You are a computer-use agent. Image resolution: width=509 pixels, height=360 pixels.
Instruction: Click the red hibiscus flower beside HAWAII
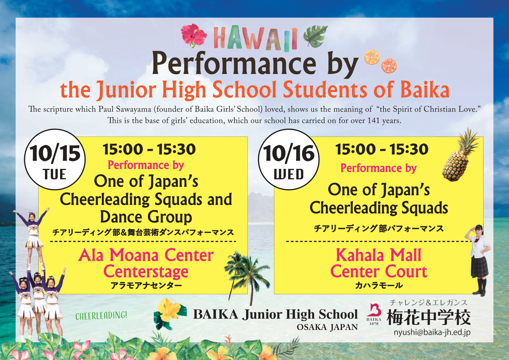[194, 36]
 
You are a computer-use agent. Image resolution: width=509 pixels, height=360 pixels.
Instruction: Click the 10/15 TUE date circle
[55, 160]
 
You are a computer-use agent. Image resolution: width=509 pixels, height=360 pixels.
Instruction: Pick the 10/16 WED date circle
[289, 160]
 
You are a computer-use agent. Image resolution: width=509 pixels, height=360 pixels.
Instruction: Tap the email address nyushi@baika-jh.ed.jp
[432, 332]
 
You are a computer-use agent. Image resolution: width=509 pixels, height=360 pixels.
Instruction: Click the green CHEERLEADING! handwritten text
[101, 316]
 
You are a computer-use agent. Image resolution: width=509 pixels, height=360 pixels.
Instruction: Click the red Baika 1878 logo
[374, 314]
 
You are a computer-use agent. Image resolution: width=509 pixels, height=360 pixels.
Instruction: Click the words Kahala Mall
[378, 255]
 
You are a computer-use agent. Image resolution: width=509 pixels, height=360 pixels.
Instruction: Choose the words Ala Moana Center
[146, 255]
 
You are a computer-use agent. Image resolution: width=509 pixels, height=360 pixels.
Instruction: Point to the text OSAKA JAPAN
[327, 327]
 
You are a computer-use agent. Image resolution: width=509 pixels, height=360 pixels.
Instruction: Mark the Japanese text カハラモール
[379, 285]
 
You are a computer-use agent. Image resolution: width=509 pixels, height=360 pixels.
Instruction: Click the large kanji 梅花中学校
[429, 317]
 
